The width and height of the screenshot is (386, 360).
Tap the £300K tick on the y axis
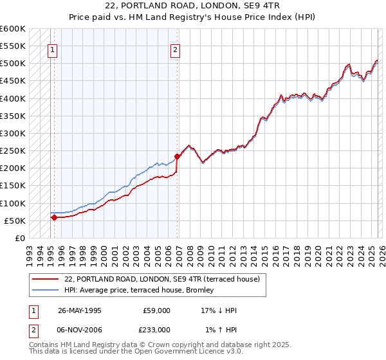(x=13, y=134)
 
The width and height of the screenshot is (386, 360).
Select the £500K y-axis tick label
(x=13, y=64)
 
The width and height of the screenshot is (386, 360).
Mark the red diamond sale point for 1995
(x=54, y=217)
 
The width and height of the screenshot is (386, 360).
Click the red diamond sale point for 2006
(x=177, y=156)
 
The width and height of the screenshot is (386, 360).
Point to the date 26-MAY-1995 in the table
(x=79, y=310)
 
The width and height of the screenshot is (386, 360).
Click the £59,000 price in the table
(x=156, y=310)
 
